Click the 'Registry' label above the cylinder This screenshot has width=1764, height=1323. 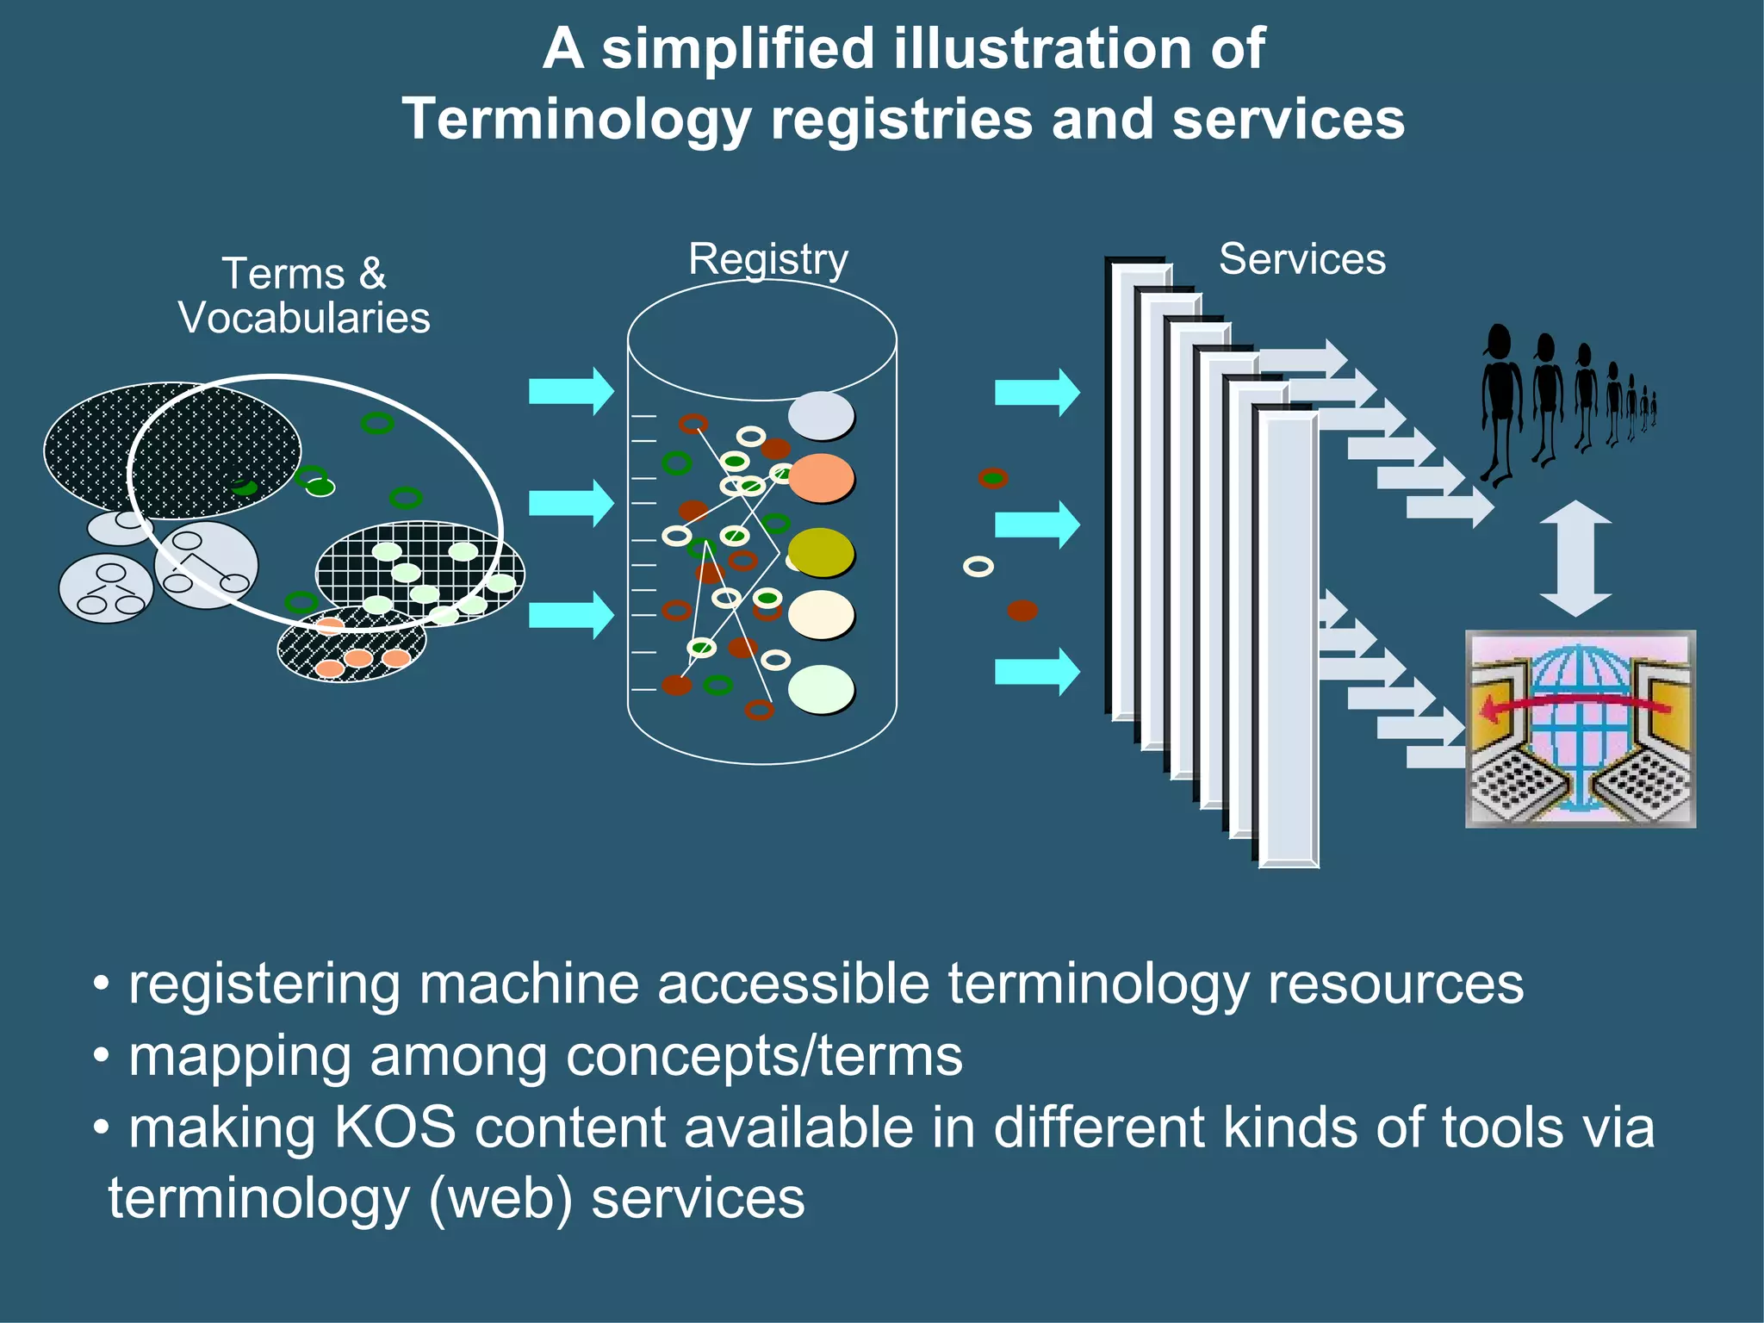coord(768,258)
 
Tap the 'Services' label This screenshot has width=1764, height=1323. coord(1301,259)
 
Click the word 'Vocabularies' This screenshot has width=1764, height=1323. coord(304,318)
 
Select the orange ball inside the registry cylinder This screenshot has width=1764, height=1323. coord(820,478)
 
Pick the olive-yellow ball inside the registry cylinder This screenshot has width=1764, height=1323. coord(820,552)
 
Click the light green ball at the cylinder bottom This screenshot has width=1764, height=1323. coord(820,689)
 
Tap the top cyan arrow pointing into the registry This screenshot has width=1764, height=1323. coord(570,391)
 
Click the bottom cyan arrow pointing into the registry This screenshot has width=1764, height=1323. coord(570,615)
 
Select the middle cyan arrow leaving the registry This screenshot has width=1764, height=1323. coord(1036,524)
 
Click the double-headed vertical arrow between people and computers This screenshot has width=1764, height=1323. coord(1575,558)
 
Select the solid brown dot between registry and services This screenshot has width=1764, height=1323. coord(1022,611)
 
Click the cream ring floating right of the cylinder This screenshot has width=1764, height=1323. coord(978,566)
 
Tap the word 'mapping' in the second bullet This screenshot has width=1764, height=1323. coord(239,1056)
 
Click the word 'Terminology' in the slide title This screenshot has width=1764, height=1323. coord(576,119)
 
